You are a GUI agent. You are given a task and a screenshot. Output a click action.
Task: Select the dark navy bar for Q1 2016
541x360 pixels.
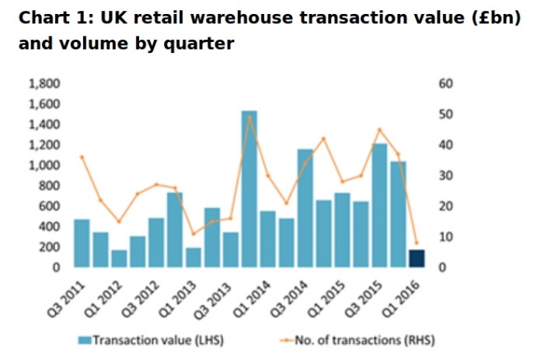click(x=417, y=259)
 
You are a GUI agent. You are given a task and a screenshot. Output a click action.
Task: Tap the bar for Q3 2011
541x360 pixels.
click(x=82, y=243)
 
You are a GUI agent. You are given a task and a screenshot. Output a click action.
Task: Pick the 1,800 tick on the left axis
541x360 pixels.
click(x=44, y=83)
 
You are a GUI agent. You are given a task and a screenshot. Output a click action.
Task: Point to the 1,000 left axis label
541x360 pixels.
click(x=44, y=165)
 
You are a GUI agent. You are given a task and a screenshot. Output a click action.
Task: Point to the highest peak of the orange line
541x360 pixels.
click(x=249, y=117)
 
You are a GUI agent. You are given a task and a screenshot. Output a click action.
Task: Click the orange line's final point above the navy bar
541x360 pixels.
click(x=417, y=243)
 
